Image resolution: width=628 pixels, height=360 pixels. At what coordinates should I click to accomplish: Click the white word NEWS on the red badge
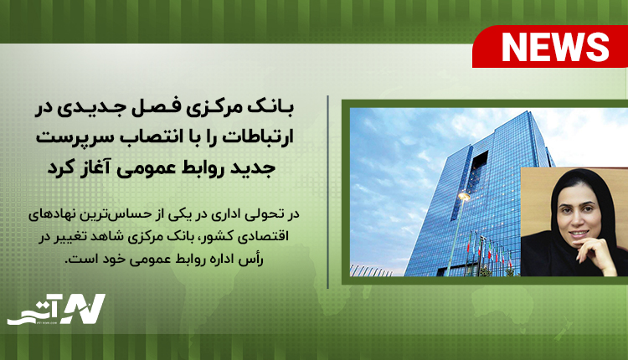click(x=555, y=47)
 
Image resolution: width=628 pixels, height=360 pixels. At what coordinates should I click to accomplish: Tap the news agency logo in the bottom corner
click(x=56, y=309)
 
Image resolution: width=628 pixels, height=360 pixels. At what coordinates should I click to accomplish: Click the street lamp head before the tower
click(x=464, y=196)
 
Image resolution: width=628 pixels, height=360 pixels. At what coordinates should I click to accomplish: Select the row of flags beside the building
click(x=489, y=250)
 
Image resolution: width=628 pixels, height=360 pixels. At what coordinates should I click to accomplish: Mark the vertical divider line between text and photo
click(x=327, y=192)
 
